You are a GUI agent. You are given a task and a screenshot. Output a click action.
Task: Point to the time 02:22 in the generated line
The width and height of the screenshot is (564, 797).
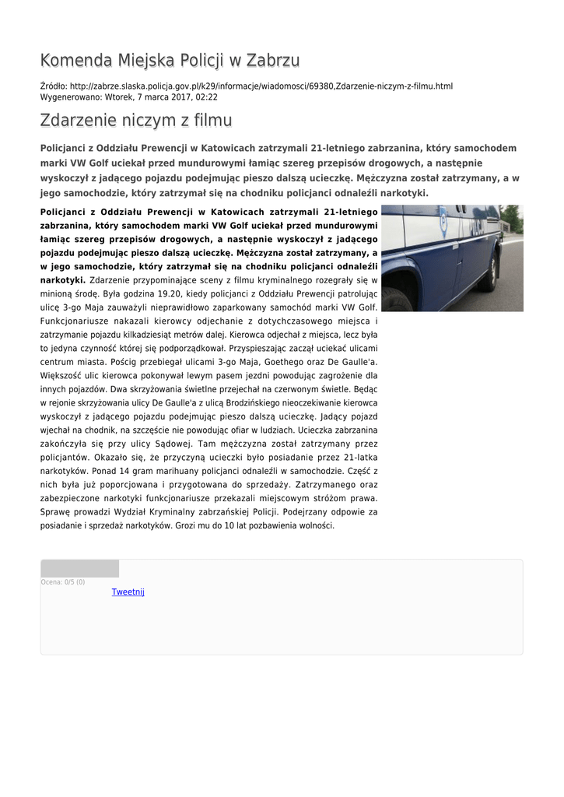[x=206, y=97]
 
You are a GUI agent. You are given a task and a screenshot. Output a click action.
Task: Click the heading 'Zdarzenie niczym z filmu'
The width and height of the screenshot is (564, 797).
[x=136, y=121]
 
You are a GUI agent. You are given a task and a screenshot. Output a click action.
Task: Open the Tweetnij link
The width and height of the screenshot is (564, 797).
[x=128, y=592]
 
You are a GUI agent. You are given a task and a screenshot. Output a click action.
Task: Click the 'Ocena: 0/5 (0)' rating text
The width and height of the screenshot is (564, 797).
[x=63, y=582]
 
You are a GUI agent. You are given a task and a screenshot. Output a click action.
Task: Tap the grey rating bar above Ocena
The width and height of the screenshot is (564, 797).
[x=79, y=569]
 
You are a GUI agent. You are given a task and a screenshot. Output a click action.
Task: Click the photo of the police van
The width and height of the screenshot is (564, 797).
[x=451, y=258]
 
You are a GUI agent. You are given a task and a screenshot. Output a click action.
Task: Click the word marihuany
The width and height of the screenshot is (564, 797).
[x=175, y=471]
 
